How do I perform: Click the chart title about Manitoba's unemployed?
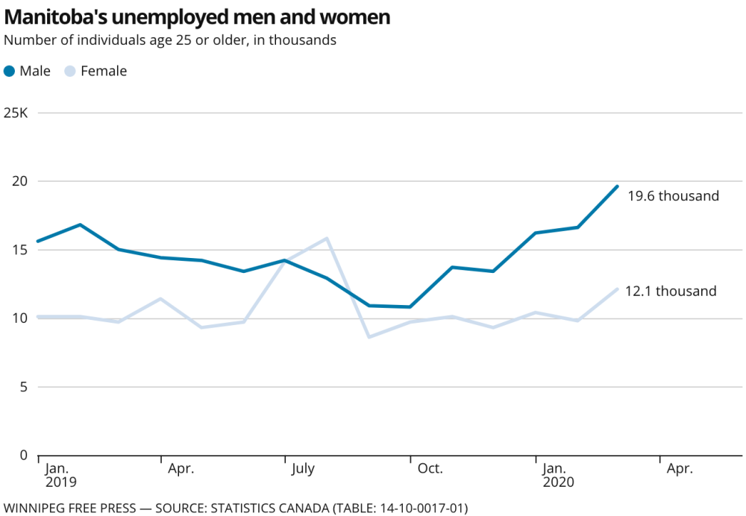click(197, 16)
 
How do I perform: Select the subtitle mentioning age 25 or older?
click(170, 40)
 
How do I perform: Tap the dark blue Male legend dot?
click(10, 72)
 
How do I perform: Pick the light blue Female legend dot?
click(70, 72)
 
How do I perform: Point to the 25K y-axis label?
click(16, 113)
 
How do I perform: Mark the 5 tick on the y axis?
click(24, 387)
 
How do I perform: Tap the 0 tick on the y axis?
click(24, 455)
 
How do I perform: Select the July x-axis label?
click(303, 469)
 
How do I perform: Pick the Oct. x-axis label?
click(430, 469)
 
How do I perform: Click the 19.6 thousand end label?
click(673, 196)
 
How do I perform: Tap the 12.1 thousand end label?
click(671, 292)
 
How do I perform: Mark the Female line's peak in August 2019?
click(327, 239)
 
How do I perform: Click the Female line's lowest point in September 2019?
click(369, 337)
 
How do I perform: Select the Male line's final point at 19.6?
click(617, 186)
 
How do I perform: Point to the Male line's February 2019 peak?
click(80, 224)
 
